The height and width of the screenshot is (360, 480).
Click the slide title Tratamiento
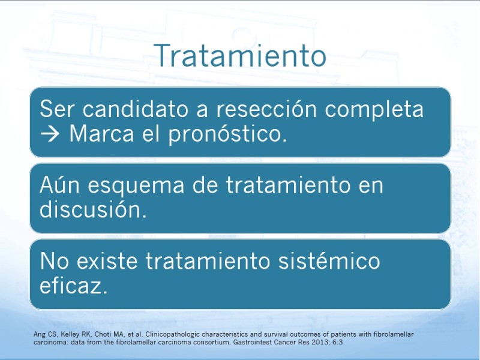239,55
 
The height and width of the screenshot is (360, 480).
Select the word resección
266,109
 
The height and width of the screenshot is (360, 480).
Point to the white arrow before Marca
50,134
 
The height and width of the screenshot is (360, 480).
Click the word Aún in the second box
59,185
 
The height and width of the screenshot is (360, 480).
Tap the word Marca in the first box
101,134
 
